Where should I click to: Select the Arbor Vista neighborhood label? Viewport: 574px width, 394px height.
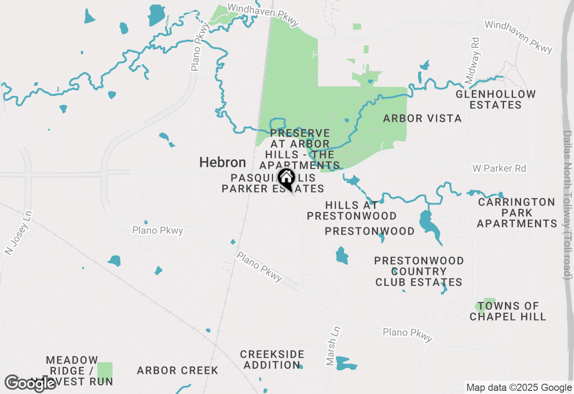[x=422, y=118]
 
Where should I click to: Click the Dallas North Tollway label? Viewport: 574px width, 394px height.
[x=568, y=205]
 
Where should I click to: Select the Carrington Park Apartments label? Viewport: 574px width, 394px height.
[x=517, y=213]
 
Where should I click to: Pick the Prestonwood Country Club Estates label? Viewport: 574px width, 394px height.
[x=419, y=271]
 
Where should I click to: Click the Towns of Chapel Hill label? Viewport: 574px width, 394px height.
[x=508, y=311]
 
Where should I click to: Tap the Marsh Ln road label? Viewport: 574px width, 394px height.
[x=334, y=345]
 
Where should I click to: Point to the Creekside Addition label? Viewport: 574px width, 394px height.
[x=272, y=360]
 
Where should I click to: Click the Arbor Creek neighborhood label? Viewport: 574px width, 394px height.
[x=178, y=370]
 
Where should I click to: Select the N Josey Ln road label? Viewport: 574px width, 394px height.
[x=17, y=239]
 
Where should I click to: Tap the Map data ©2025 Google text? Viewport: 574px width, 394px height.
[x=519, y=388]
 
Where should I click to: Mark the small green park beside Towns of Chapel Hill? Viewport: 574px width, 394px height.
[x=485, y=305]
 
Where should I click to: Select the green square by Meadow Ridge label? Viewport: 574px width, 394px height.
[x=105, y=370]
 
